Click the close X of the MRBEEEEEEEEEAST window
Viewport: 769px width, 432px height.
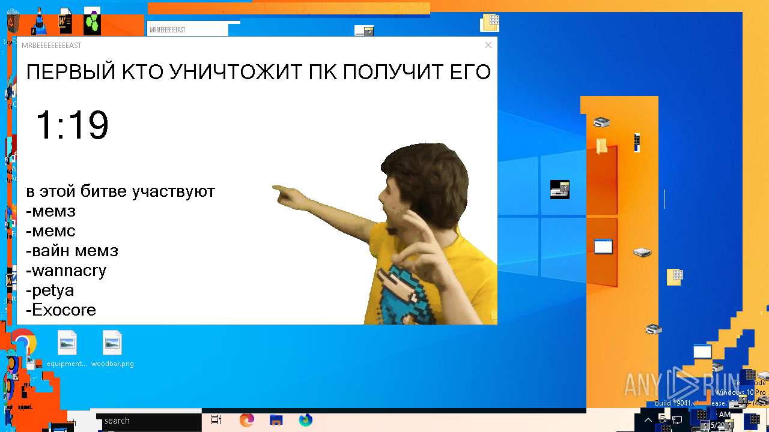[488, 45]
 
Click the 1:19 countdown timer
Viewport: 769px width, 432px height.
[72, 125]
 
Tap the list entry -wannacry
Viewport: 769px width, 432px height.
[66, 271]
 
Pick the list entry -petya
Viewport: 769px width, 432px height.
[50, 290]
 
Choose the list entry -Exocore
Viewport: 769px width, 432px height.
[61, 310]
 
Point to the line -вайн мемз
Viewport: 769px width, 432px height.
[72, 251]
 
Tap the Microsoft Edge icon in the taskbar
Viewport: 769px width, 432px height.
[247, 420]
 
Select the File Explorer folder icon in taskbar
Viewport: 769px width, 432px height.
[276, 420]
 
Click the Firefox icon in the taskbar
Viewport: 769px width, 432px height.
[306, 420]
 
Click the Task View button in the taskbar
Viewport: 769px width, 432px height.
[217, 420]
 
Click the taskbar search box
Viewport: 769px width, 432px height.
[147, 421]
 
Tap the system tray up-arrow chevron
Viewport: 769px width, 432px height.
[648, 420]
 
